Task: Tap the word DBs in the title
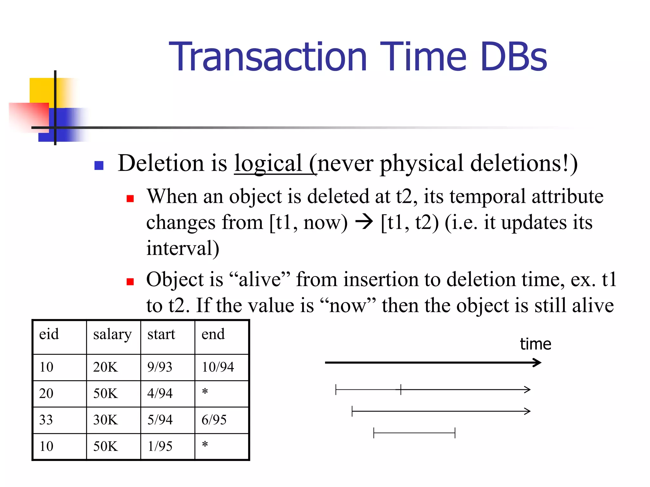coord(514,57)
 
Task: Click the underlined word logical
coord(268,164)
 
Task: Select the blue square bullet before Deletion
coord(99,166)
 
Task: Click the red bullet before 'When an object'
coord(130,199)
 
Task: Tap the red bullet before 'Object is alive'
coord(130,282)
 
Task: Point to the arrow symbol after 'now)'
coord(364,222)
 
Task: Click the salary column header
coord(112,334)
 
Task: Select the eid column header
coord(49,334)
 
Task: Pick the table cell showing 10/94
coord(218,367)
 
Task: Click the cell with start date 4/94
coord(160,393)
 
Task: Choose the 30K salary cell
coord(105,420)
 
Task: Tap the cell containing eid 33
coord(46,420)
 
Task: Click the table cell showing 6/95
coord(214,420)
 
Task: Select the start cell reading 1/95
coord(160,446)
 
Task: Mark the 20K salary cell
coord(105,367)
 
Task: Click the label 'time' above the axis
coord(535,344)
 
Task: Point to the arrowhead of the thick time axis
coord(537,362)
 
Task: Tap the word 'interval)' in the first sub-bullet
coord(183,248)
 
